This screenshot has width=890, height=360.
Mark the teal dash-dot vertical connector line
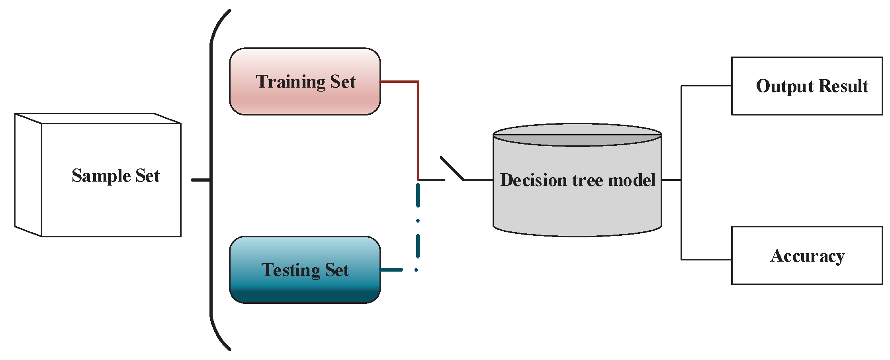418,239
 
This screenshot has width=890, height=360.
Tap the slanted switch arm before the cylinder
452,168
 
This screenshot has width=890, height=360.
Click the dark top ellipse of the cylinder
577,140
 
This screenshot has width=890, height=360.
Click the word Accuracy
808,256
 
